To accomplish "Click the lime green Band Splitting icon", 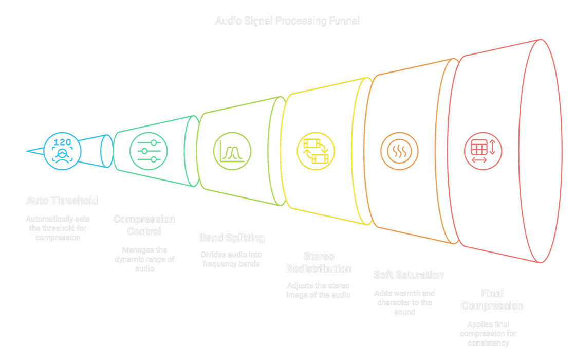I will (x=232, y=151).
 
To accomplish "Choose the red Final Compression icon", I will (x=483, y=150).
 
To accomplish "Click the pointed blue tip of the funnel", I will (x=27, y=151).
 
